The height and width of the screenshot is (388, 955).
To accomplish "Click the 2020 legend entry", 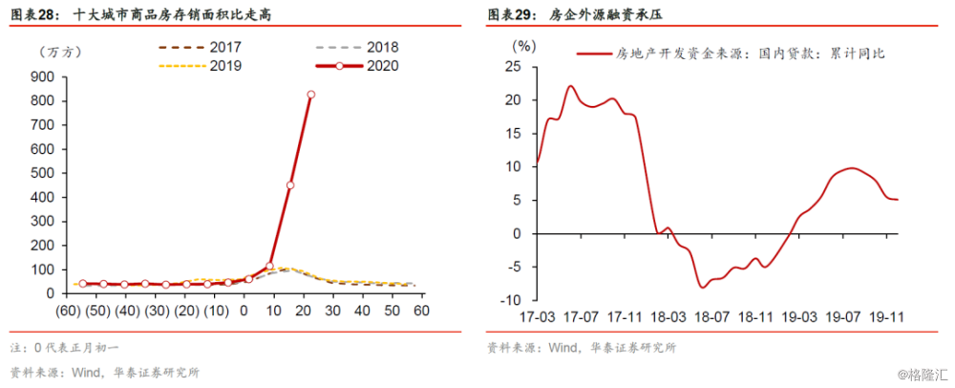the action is [357, 66].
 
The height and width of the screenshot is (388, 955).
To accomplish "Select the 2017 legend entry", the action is [200, 47].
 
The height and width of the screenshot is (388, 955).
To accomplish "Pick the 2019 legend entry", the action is [200, 66].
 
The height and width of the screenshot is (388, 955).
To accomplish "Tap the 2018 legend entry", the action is [357, 47].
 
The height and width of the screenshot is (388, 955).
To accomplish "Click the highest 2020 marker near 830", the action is [310, 95].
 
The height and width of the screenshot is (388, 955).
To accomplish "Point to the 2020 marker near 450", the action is [290, 185].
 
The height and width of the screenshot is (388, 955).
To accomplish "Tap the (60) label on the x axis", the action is [69, 311].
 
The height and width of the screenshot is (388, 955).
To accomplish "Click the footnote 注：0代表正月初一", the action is [65, 348].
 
